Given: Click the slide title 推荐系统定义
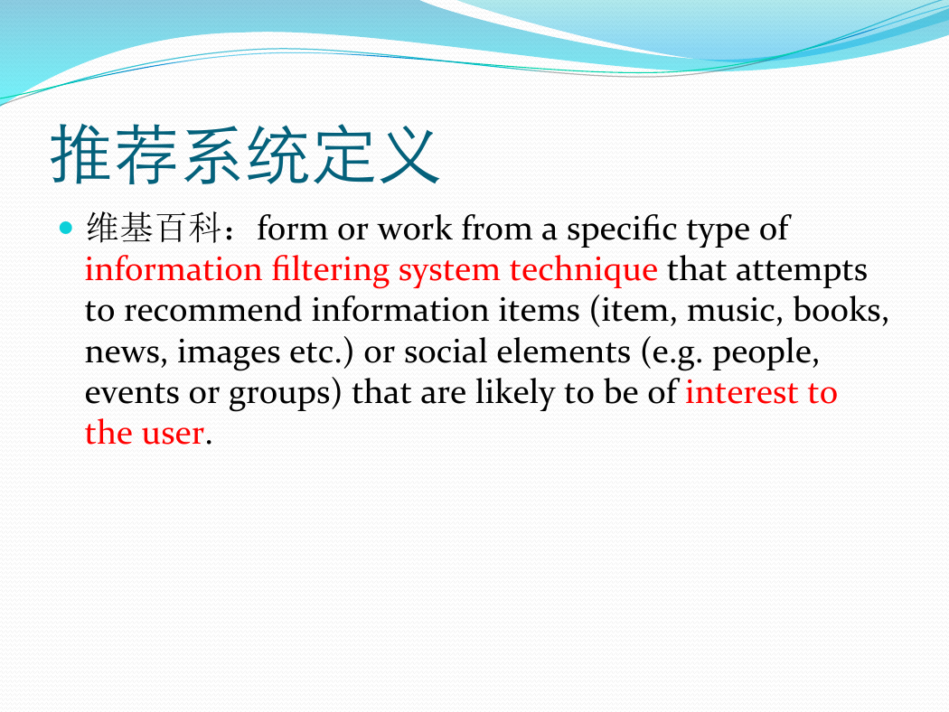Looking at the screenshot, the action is coord(245,155).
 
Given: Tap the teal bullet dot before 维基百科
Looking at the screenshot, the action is coord(66,228).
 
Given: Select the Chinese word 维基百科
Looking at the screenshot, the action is coord(154,228).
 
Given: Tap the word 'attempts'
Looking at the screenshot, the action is coord(802,271).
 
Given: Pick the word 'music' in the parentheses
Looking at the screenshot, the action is coord(730,310).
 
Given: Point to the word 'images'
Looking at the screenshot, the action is coord(229,352).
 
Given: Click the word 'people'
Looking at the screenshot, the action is coord(766,352).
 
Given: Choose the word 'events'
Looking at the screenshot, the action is coord(132,393).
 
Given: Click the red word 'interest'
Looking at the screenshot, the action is coord(741,392).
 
